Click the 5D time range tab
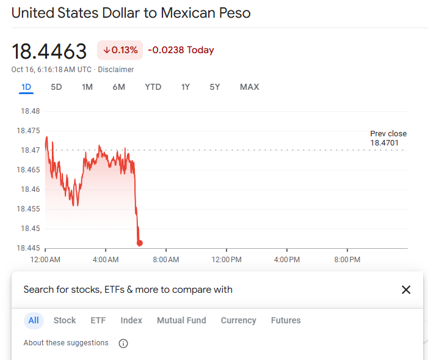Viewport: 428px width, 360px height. tap(56, 87)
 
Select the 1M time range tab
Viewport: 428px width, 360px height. tap(87, 87)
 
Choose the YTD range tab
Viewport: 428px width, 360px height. tap(153, 87)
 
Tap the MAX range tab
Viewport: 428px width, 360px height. tap(249, 87)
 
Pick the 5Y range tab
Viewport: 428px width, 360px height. tap(214, 87)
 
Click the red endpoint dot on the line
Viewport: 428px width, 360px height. tap(140, 243)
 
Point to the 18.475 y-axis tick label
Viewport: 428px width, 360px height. tap(28, 131)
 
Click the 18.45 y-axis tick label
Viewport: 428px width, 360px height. tap(30, 229)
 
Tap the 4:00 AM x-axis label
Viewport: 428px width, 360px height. tap(106, 260)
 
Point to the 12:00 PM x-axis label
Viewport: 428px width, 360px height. tap(227, 260)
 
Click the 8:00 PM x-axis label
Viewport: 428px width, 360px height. tap(347, 260)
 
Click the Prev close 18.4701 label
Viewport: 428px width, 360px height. tap(388, 138)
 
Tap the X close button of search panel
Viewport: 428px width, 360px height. tap(406, 290)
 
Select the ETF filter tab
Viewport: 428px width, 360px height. tap(98, 320)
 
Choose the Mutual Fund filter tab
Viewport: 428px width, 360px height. tap(181, 320)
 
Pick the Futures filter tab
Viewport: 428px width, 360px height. tap(286, 320)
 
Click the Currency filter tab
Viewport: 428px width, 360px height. tap(238, 320)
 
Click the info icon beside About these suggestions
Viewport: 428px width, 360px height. tap(123, 343)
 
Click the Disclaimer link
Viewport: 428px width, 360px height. tap(115, 70)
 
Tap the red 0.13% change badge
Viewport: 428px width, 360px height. tap(120, 50)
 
